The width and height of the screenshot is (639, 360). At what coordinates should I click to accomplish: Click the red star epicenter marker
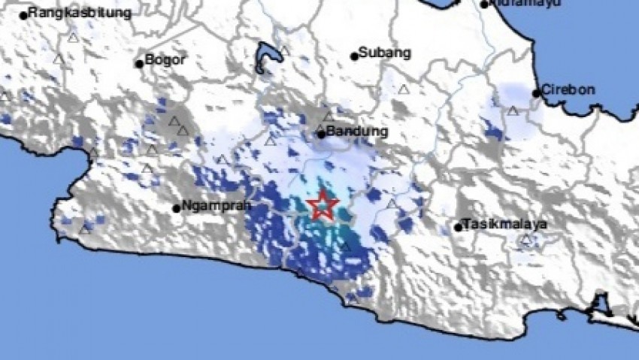pyautogui.click(x=323, y=204)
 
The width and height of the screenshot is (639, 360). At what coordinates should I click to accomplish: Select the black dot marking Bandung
pyautogui.click(x=320, y=134)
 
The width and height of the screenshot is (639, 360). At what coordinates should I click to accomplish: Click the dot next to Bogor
pyautogui.click(x=139, y=63)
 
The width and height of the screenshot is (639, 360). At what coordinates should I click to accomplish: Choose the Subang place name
pyautogui.click(x=385, y=53)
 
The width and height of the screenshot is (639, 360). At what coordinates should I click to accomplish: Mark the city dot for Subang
pyautogui.click(x=354, y=56)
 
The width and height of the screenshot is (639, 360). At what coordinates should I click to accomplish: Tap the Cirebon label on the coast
pyautogui.click(x=570, y=90)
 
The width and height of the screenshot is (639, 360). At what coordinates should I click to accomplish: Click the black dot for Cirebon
pyautogui.click(x=536, y=93)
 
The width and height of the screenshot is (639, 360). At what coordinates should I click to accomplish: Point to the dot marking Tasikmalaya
pyautogui.click(x=458, y=226)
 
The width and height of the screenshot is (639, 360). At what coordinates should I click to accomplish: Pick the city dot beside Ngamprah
pyautogui.click(x=176, y=208)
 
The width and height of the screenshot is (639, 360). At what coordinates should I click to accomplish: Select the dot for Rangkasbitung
pyautogui.click(x=24, y=14)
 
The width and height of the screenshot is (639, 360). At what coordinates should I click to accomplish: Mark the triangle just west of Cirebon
pyautogui.click(x=513, y=110)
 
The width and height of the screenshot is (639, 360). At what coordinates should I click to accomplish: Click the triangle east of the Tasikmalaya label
pyautogui.click(x=528, y=241)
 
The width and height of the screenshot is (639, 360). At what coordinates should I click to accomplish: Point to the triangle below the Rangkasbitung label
pyautogui.click(x=73, y=37)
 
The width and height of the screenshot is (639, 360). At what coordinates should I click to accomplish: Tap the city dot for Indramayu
pyautogui.click(x=485, y=5)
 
